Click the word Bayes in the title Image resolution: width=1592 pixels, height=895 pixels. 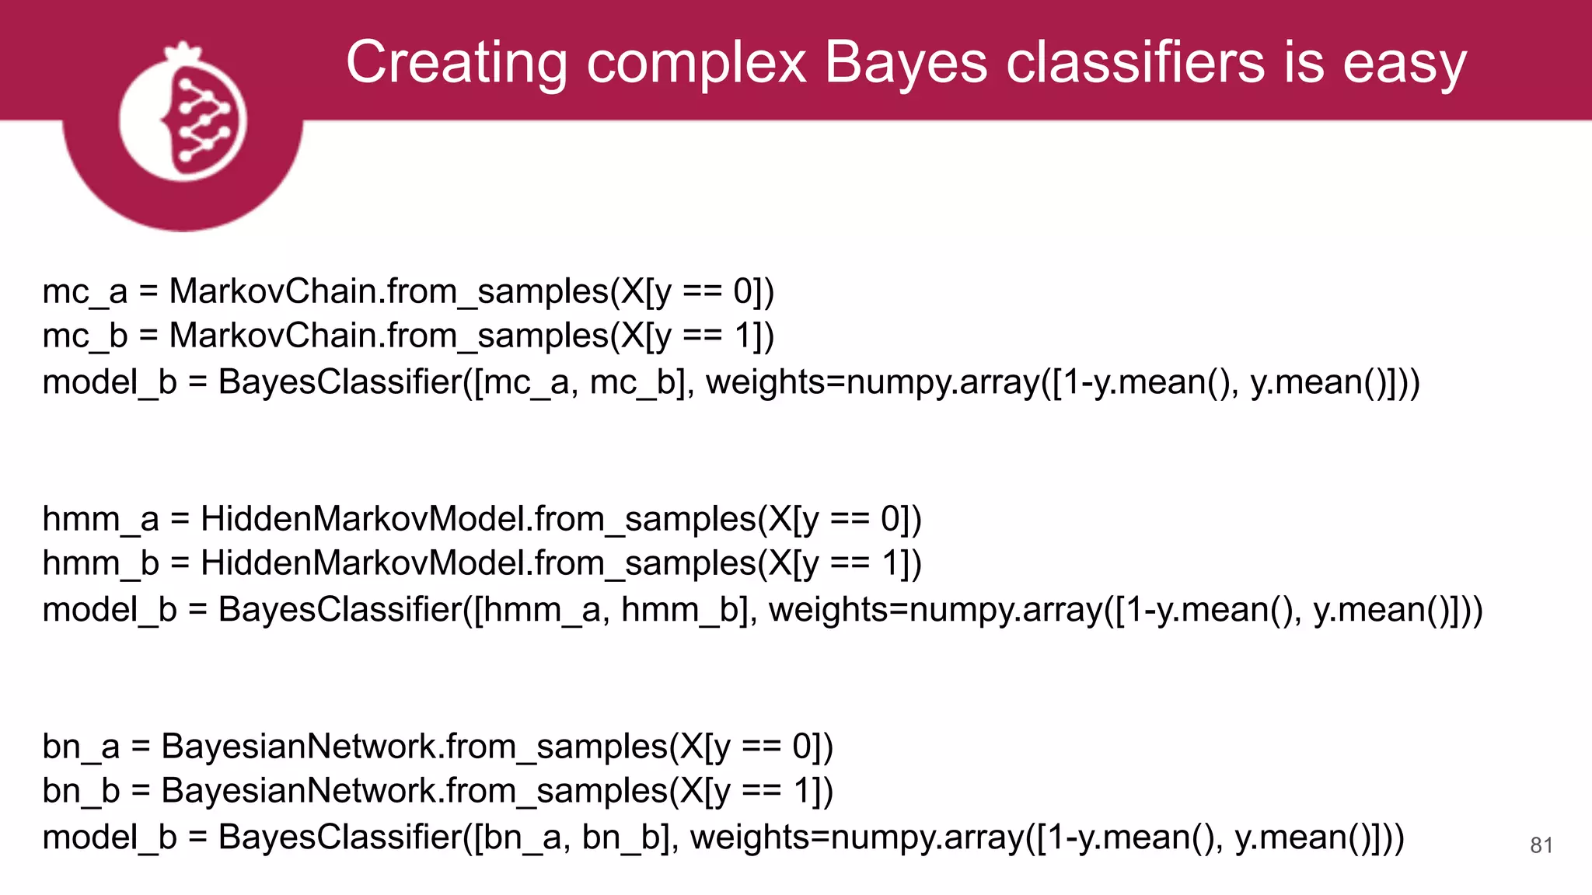coord(906,62)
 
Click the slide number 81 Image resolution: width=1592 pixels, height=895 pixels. coord(1541,845)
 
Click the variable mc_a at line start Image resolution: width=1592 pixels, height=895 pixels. coord(85,292)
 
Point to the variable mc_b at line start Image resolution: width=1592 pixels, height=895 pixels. coord(85,336)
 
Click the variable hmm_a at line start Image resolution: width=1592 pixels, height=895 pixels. coord(100,519)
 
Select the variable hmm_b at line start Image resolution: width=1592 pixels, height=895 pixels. coord(100,563)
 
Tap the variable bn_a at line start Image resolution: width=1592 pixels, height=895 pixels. coord(81,747)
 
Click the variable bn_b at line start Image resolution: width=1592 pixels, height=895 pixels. coord(81,791)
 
